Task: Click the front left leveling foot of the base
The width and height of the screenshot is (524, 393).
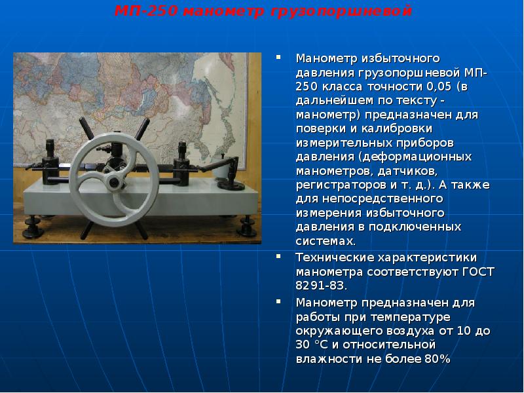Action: (36, 230)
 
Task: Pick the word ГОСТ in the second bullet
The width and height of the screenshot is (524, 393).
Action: (478, 271)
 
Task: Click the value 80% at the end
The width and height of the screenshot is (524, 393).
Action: (438, 358)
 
